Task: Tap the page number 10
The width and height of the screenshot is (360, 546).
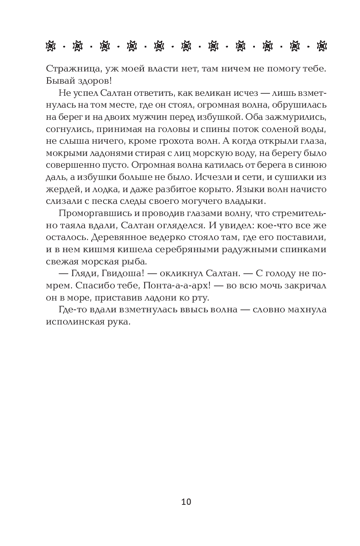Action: [186, 501]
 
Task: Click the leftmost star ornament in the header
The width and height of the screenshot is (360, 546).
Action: [50, 45]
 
